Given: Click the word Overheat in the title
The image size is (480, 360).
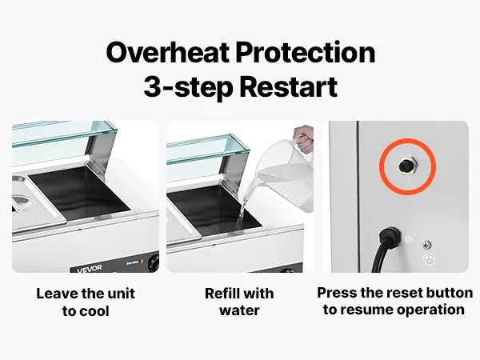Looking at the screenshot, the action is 167,52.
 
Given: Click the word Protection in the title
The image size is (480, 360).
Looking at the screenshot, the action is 306,52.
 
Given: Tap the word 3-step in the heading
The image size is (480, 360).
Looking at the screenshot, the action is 188,86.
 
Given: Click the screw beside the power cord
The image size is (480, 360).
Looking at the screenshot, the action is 427,245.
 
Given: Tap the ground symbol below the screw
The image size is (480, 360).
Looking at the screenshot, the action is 429,259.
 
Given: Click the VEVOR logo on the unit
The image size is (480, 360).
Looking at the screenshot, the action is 90,269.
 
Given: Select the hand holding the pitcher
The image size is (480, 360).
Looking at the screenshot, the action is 304,139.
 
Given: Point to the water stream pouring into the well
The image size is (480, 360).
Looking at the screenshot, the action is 244,205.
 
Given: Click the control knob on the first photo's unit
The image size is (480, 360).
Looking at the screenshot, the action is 153,262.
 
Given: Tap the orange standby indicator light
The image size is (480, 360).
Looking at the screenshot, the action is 141,262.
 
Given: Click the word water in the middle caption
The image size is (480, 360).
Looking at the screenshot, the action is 239,310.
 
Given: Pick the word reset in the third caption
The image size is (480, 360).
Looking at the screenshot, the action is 399,292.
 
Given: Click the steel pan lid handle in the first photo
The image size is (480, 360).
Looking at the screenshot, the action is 22,202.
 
